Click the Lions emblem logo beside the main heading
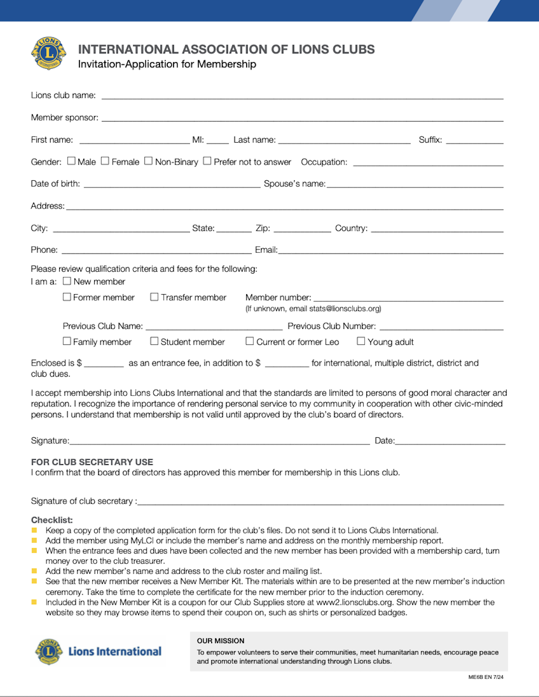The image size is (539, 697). click(x=48, y=53)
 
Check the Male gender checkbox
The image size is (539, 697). click(x=71, y=161)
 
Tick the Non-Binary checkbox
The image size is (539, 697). click(x=148, y=161)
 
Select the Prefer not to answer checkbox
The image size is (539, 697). click(x=207, y=161)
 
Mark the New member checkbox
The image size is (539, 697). click(x=67, y=281)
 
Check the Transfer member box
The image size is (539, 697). click(x=154, y=297)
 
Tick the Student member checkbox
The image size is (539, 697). click(x=154, y=341)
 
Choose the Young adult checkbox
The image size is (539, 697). click(x=361, y=341)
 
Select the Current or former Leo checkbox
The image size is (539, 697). click(x=250, y=341)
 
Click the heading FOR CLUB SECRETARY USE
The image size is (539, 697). click(x=92, y=462)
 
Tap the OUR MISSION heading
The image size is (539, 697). click(x=221, y=641)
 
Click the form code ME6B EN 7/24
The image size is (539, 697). click(x=486, y=677)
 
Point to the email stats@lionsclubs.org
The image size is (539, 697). click(x=345, y=309)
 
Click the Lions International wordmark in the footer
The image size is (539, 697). click(x=115, y=651)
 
